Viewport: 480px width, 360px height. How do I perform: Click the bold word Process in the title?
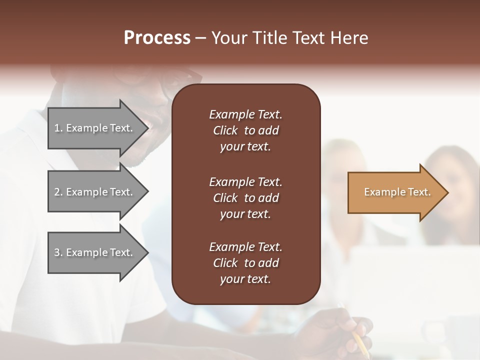point(157,38)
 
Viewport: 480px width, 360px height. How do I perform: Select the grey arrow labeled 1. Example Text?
point(94,128)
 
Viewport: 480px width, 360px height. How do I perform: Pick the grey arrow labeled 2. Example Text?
point(94,192)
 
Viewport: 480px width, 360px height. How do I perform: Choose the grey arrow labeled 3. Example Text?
point(94,252)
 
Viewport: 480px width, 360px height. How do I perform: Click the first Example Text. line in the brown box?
point(245,114)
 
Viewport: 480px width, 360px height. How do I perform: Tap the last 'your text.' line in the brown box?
point(245,279)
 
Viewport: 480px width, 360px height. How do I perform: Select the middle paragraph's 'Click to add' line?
point(245,198)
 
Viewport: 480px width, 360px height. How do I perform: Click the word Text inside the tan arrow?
point(419,192)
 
